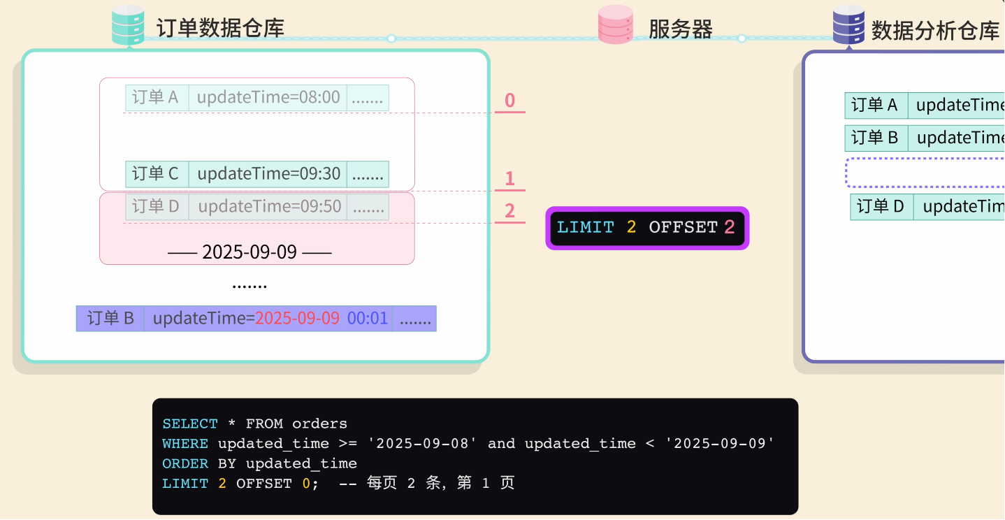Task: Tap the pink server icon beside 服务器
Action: (616, 26)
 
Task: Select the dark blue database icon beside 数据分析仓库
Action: (849, 26)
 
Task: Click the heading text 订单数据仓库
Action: (220, 29)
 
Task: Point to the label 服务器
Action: (680, 29)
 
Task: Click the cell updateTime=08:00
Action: (268, 98)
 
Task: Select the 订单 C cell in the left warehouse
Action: (156, 174)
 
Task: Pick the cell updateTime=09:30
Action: (269, 174)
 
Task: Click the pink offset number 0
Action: (509, 101)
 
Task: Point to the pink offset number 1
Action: (509, 179)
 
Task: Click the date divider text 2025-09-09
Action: (250, 252)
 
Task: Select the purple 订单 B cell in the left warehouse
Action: (110, 319)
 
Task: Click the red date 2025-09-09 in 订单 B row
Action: (297, 319)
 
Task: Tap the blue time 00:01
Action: (368, 319)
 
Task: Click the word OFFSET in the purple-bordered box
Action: (683, 228)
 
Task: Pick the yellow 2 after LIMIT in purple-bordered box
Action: (631, 228)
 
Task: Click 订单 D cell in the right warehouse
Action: (881, 207)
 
